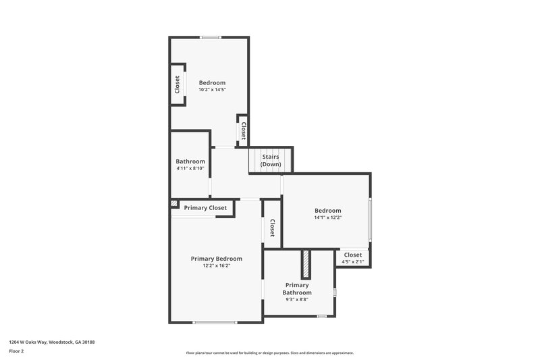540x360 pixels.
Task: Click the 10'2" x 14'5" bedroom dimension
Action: tap(212, 90)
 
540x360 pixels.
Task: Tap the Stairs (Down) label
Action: tap(271, 161)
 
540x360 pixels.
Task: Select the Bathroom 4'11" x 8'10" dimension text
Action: tap(190, 168)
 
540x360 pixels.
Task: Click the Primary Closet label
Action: tap(205, 208)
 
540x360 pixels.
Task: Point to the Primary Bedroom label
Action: tap(216, 259)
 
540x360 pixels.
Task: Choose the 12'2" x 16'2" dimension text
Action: tap(216, 266)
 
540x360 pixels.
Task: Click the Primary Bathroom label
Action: tap(297, 288)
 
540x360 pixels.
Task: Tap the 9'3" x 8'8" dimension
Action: tap(297, 299)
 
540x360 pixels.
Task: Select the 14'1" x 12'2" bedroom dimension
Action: tap(327, 217)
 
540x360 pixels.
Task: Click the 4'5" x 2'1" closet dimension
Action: tap(353, 261)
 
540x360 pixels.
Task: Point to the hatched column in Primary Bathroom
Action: tap(306, 263)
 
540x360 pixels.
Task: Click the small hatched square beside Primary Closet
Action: tap(174, 203)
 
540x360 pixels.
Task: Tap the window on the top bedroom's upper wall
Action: tap(210, 37)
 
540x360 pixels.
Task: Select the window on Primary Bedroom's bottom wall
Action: tap(215, 322)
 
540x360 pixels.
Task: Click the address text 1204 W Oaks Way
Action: tap(52, 342)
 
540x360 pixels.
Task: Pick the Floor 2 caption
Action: tap(17, 351)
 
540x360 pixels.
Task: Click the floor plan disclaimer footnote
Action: tap(269, 353)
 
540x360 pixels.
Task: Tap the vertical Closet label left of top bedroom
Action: tap(178, 84)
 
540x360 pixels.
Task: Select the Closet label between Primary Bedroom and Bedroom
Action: tap(272, 228)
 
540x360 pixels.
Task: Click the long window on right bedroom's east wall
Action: tap(369, 222)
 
